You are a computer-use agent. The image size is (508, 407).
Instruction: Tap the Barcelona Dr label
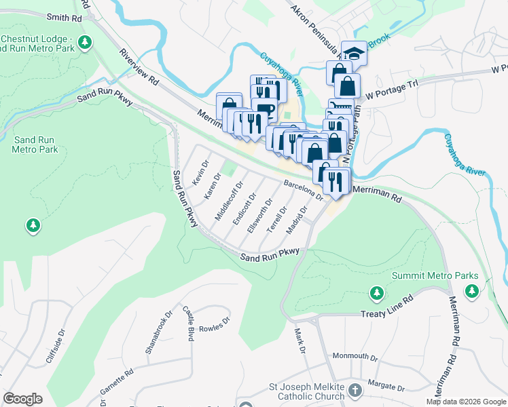303,189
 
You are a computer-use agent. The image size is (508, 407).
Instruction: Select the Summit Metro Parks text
435,276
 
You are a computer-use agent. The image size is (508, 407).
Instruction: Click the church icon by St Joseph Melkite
355,391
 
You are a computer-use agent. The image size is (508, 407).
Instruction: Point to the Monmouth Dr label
355,356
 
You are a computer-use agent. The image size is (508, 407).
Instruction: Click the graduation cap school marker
353,52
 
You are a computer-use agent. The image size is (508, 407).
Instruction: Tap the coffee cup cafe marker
264,109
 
